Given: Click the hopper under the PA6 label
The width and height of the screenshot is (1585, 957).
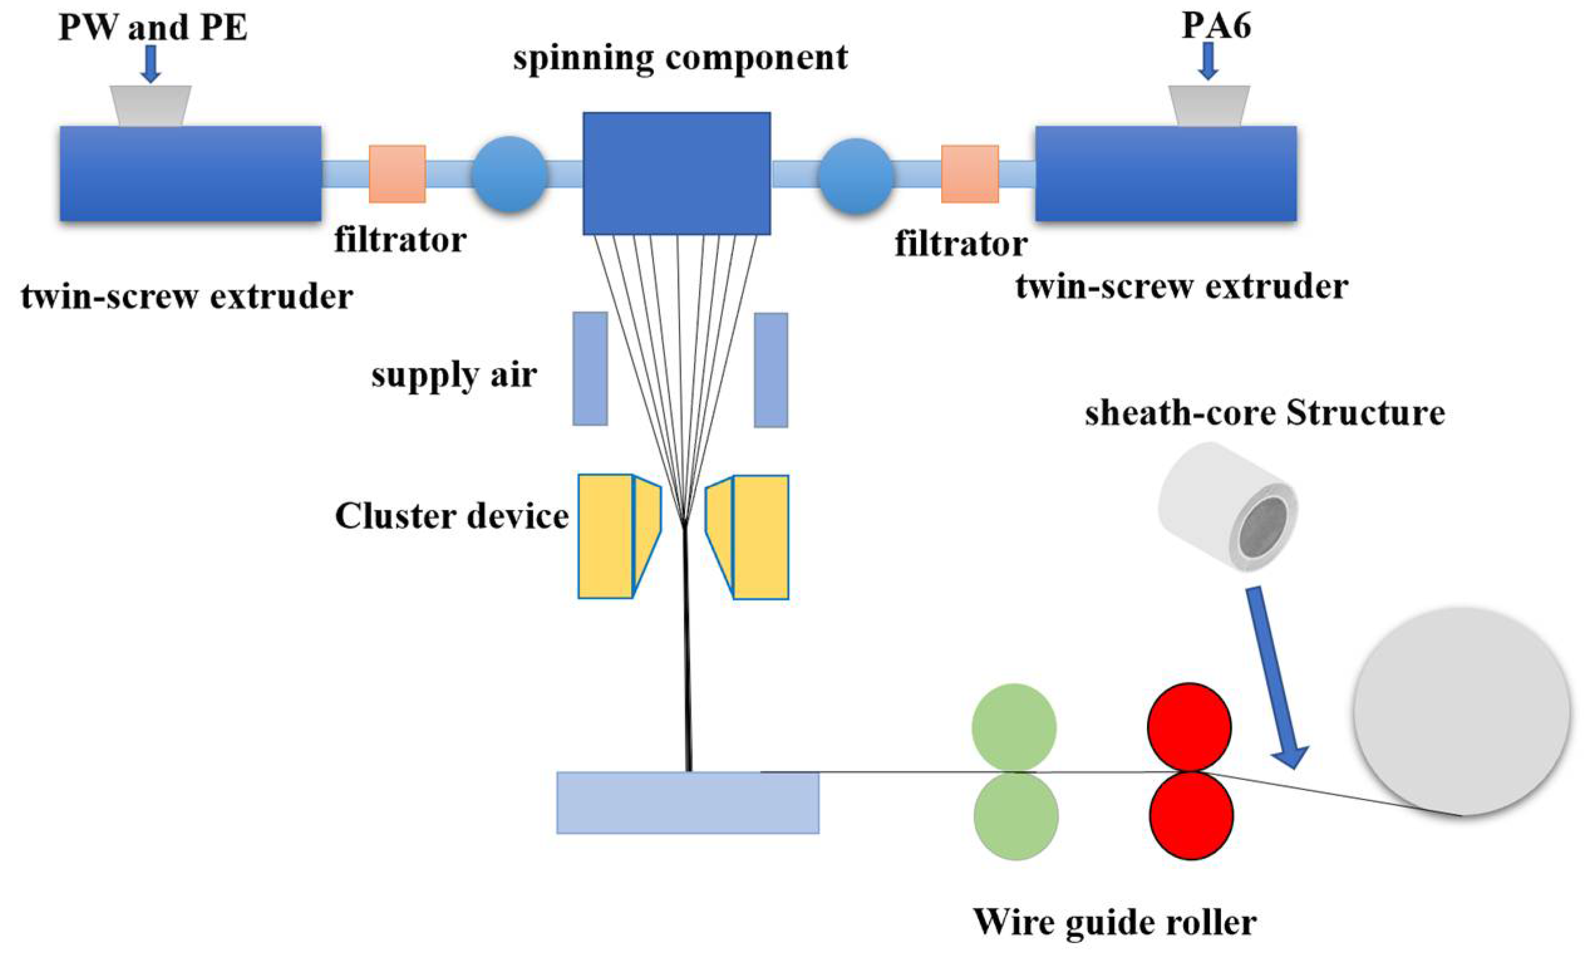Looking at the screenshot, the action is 1209,105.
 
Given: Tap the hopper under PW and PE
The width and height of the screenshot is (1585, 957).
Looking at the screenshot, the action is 151,105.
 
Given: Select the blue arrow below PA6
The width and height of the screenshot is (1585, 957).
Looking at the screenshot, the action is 1209,61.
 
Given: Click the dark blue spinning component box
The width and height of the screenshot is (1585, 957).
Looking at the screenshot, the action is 676,174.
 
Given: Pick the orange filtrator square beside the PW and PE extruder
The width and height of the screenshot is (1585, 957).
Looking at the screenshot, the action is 397,174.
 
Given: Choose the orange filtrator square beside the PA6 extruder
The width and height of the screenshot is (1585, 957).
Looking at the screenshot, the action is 970,174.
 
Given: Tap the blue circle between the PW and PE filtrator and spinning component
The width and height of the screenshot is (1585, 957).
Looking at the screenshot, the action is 510,174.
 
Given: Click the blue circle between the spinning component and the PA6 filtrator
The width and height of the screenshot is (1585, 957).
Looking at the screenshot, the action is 855,176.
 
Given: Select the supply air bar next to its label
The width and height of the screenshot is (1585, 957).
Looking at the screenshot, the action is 590,368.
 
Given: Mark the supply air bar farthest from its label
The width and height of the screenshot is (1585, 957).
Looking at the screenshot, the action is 771,370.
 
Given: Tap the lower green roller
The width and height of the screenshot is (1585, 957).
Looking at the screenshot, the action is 1016,816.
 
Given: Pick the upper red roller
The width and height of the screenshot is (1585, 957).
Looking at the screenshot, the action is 1190,727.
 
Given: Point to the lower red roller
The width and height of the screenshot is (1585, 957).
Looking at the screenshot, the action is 1192,816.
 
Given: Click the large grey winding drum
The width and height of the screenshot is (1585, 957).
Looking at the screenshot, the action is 1461,712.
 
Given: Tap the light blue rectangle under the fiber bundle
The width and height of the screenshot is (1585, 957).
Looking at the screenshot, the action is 688,803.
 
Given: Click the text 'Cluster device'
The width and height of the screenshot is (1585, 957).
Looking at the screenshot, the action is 452,516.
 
